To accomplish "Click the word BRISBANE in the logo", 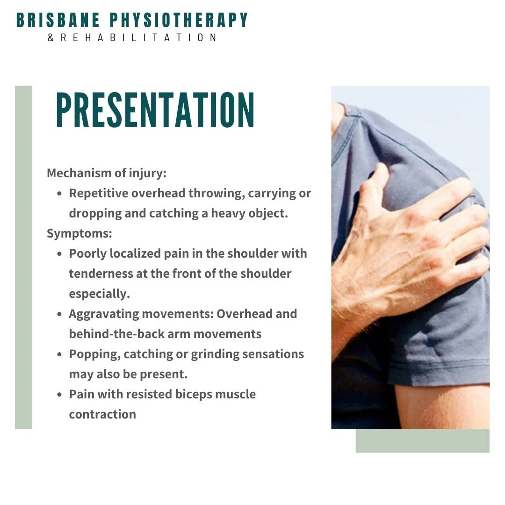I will pyautogui.click(x=58, y=20).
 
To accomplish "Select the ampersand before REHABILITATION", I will pyautogui.click(x=50, y=37).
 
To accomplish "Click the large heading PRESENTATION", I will pyautogui.click(x=155, y=110).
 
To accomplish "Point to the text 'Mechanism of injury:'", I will pyautogui.click(x=107, y=173).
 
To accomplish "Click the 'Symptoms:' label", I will pyautogui.click(x=79, y=233).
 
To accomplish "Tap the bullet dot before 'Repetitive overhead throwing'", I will pyautogui.click(x=59, y=194).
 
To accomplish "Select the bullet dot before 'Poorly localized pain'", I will pyautogui.click(x=59, y=254).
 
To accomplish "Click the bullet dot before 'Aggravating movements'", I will pyautogui.click(x=59, y=314).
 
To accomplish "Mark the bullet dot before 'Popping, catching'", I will pyautogui.click(x=59, y=354).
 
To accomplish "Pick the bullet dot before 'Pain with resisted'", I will pyautogui.click(x=59, y=395).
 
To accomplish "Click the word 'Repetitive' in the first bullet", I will pyautogui.click(x=98, y=193).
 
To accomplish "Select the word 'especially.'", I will pyautogui.click(x=99, y=294).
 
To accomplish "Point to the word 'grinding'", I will pyautogui.click(x=216, y=354).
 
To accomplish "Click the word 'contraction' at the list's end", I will pyautogui.click(x=102, y=414).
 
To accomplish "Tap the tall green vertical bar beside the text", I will pyautogui.click(x=23, y=257).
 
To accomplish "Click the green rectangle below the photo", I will pyautogui.click(x=422, y=441).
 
